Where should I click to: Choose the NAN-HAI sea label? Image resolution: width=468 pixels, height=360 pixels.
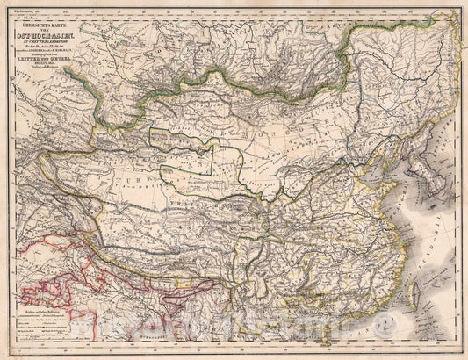coord(386,329)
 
